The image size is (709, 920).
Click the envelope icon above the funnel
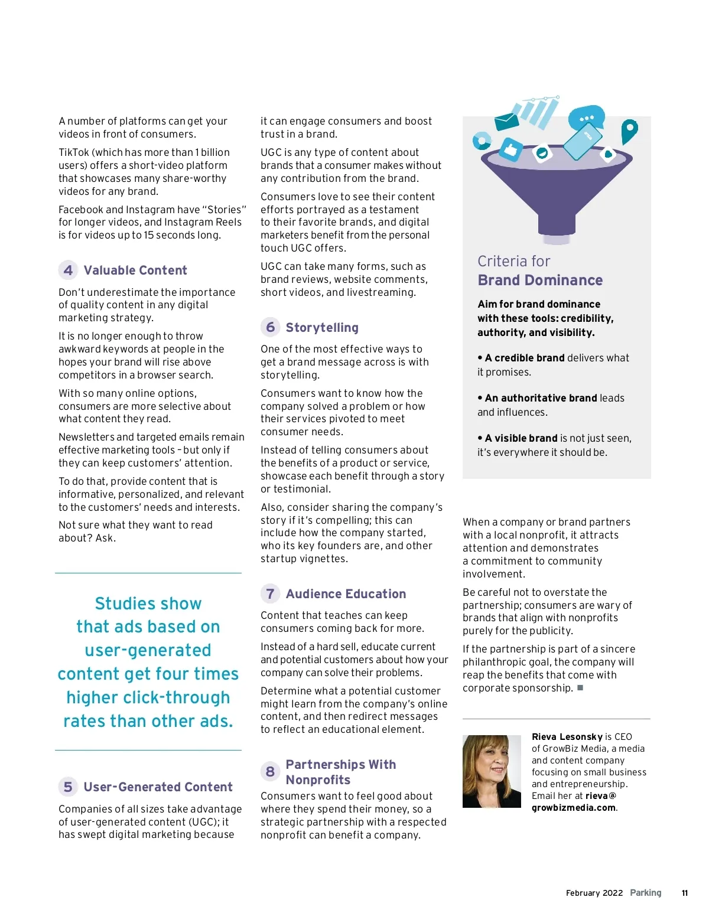506,121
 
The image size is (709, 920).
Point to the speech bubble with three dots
586,118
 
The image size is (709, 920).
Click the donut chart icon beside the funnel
482,141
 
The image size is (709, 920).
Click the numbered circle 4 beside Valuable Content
69,270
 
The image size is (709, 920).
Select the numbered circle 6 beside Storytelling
271,327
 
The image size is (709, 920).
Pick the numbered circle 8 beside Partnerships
270,772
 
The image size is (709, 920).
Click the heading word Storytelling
322,328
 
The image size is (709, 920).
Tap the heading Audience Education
346,594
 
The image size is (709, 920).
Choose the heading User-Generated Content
158,787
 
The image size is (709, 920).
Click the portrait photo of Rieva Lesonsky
492,771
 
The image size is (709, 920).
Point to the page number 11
685,893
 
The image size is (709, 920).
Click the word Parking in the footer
645,893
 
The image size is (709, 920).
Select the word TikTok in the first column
74,152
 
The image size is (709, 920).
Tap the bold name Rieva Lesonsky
567,737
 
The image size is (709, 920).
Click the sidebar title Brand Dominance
540,280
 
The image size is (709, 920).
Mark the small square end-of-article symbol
580,688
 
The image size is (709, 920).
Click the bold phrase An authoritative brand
540,398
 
